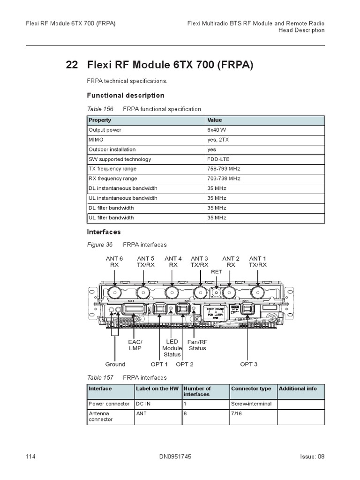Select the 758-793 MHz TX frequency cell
(x=224, y=169)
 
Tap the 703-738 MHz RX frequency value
(x=224, y=179)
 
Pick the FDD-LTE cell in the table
(x=218, y=159)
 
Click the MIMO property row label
(x=96, y=140)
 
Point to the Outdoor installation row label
(x=112, y=150)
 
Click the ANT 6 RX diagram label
(x=114, y=262)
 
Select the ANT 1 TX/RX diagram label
(x=258, y=262)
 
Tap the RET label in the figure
(x=217, y=271)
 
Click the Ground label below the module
(x=115, y=364)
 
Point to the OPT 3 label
(x=249, y=364)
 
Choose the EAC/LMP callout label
(x=135, y=345)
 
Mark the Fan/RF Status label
(x=197, y=345)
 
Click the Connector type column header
(x=251, y=389)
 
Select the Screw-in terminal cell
(x=251, y=404)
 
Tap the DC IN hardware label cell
(x=144, y=404)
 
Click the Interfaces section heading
(x=104, y=232)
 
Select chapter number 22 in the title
(x=72, y=65)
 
